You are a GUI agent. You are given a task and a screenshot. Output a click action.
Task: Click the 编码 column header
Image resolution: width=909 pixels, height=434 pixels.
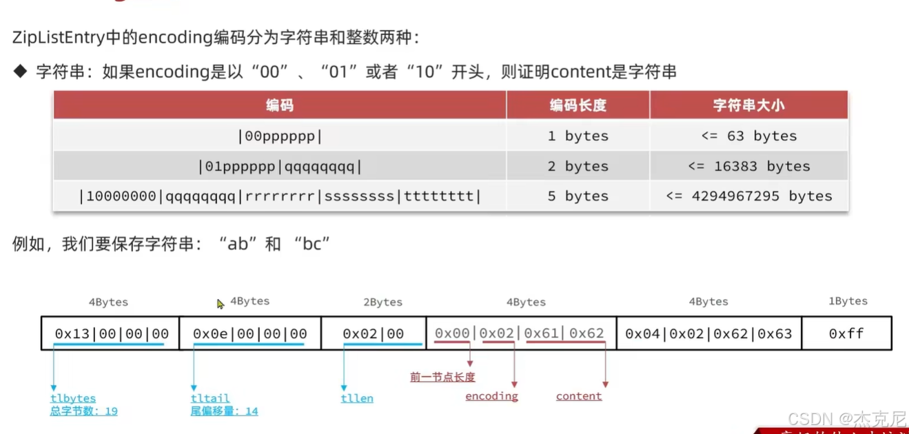280,105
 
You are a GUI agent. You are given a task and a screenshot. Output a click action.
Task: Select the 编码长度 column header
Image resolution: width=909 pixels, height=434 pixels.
578,105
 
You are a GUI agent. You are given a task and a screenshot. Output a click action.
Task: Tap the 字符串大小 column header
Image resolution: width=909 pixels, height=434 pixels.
748,105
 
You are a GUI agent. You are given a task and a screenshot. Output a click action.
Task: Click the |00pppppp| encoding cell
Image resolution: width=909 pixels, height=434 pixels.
280,136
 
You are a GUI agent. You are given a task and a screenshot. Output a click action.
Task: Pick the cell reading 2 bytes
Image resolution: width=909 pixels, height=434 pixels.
578,166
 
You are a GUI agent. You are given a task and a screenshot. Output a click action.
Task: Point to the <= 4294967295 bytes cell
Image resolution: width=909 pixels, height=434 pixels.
748,196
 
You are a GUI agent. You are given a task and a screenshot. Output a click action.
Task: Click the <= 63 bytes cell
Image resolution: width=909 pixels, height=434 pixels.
748,136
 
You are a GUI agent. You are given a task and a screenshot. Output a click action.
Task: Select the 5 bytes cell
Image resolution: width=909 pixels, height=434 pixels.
578,196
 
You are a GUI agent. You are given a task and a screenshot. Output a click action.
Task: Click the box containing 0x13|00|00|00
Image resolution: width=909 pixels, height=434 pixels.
110,334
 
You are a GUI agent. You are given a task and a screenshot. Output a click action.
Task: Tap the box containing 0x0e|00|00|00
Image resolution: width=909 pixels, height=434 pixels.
249,334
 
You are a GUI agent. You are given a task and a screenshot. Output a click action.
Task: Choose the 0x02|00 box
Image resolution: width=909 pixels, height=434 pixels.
373,334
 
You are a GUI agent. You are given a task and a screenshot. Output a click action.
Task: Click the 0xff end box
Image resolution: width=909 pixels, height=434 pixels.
846,334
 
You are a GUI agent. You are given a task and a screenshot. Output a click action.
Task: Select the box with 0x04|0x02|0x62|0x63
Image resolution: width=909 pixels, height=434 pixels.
708,334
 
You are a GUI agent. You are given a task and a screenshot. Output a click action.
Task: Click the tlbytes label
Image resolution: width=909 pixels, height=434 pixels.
73,398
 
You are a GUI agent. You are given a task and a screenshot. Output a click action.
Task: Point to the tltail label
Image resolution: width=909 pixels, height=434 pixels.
210,398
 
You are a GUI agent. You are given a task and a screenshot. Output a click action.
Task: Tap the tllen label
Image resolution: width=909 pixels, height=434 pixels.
357,398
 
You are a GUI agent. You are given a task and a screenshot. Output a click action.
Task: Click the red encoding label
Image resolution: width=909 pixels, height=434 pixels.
491,396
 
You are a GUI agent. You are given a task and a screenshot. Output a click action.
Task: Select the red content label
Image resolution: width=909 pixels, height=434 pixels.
579,396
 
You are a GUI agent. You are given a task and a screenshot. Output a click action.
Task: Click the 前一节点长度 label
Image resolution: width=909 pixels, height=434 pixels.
442,377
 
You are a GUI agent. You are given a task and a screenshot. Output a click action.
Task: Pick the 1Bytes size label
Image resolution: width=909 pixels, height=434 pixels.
848,301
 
